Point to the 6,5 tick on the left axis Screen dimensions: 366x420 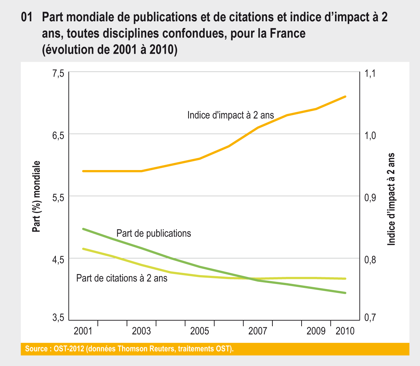[x=58, y=136]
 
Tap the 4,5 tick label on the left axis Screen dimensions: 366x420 [x=58, y=260]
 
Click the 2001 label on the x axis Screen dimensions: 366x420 [x=83, y=331]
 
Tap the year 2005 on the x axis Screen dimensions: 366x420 [x=200, y=331]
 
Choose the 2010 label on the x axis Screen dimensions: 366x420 [x=345, y=331]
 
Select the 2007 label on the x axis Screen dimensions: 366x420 [x=257, y=331]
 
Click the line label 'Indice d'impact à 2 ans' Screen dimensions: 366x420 [x=230, y=115]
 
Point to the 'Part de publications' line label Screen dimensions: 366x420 [x=154, y=233]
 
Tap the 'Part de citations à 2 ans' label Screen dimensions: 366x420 [x=122, y=278]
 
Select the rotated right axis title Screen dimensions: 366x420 [x=391, y=199]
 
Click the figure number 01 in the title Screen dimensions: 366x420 [x=27, y=17]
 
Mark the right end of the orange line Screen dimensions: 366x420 [x=345, y=97]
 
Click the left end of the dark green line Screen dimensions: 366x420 [x=83, y=229]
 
